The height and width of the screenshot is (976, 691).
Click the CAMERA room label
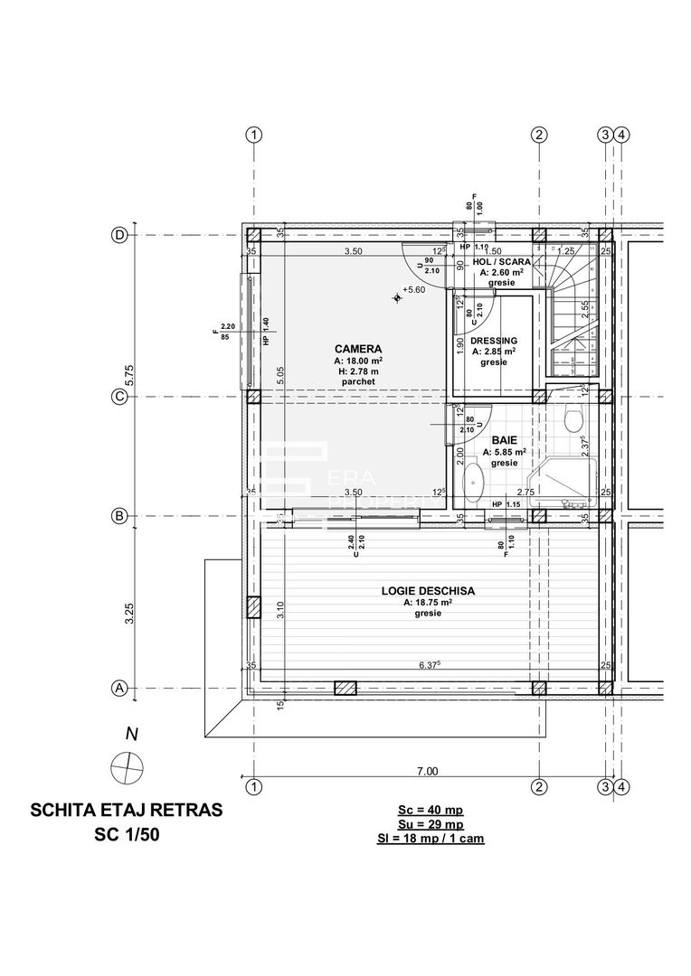coord(357,349)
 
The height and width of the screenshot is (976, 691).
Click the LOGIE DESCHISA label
coord(428,591)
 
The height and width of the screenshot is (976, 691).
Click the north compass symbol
coord(126,768)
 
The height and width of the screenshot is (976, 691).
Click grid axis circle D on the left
coord(118,233)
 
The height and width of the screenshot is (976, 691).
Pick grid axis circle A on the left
coord(118,689)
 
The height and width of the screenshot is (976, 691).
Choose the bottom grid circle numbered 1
coord(255,786)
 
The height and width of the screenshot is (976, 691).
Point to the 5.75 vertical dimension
coord(129,375)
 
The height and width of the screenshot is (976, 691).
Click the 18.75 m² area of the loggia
coord(428,602)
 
